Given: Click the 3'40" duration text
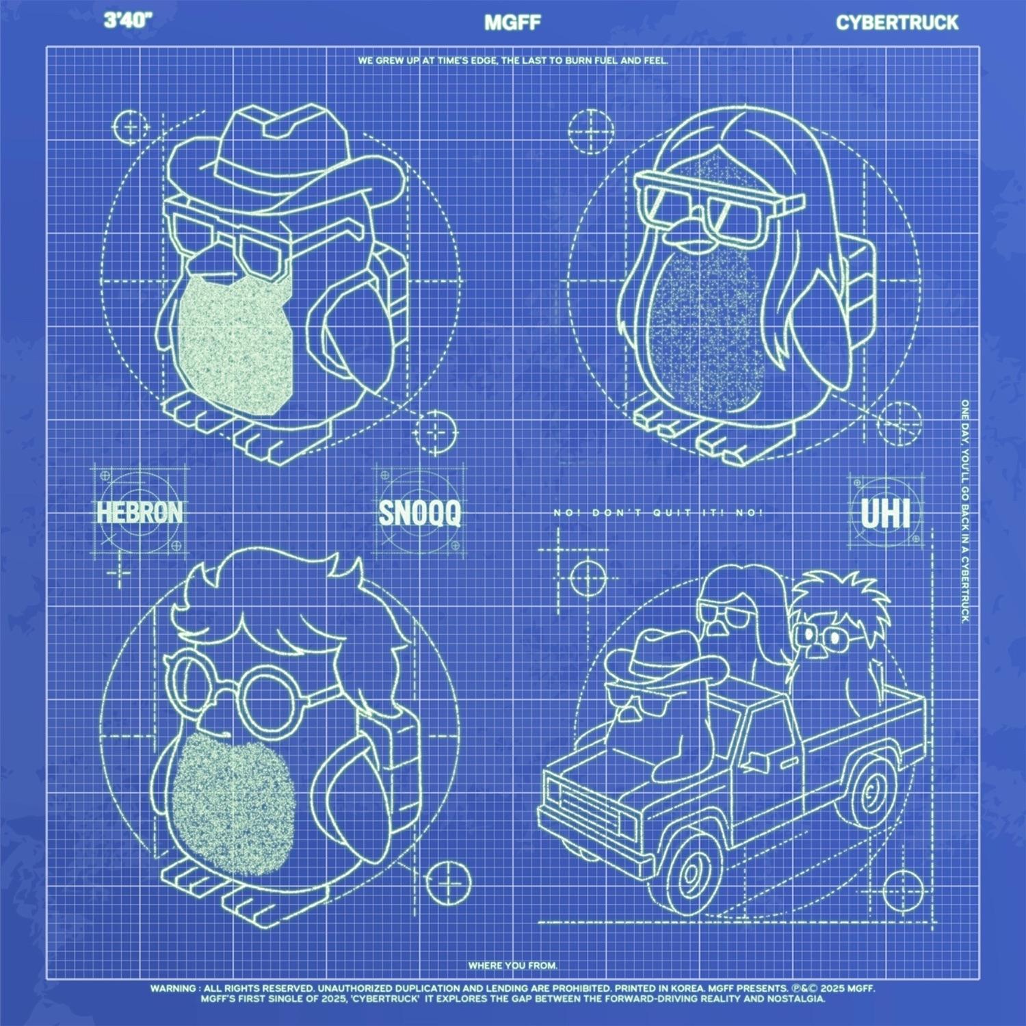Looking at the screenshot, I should click(127, 21).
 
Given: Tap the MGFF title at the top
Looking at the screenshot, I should click(512, 23).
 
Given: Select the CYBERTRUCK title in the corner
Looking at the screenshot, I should click(897, 23).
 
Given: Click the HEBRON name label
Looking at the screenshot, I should click(140, 512).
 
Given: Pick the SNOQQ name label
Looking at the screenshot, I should click(420, 513).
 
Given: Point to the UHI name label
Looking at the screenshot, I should click(885, 514).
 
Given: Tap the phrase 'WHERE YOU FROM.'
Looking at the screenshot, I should click(512, 965).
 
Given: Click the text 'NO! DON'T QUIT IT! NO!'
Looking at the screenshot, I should click(658, 513).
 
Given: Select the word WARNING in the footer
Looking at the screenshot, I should click(172, 988).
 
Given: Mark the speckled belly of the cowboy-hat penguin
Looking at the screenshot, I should click(233, 342).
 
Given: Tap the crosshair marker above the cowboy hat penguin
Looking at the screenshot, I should click(130, 128).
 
